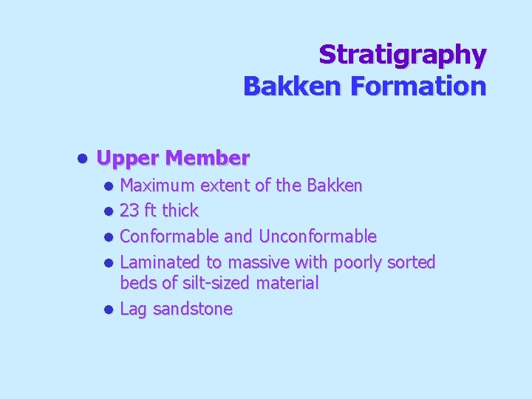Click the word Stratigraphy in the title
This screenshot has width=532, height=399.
tap(403, 55)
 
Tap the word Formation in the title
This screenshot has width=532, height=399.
tap(418, 86)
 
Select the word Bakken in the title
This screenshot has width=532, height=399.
tap(293, 86)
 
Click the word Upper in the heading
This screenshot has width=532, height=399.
tap(129, 158)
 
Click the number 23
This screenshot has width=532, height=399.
tap(129, 211)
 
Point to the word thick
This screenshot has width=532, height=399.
tap(180, 211)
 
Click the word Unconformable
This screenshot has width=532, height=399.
tap(318, 236)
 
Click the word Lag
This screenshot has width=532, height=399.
tap(132, 310)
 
